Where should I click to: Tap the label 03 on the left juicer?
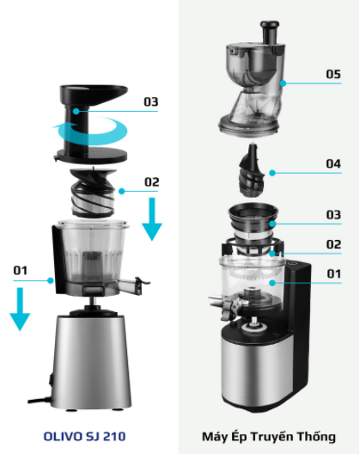[151, 101]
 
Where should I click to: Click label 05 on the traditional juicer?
[333, 75]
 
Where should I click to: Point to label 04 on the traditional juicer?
[333, 163]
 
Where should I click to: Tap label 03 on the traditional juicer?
[333, 214]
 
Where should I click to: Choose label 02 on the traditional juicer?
[333, 245]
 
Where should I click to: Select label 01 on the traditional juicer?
[333, 274]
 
